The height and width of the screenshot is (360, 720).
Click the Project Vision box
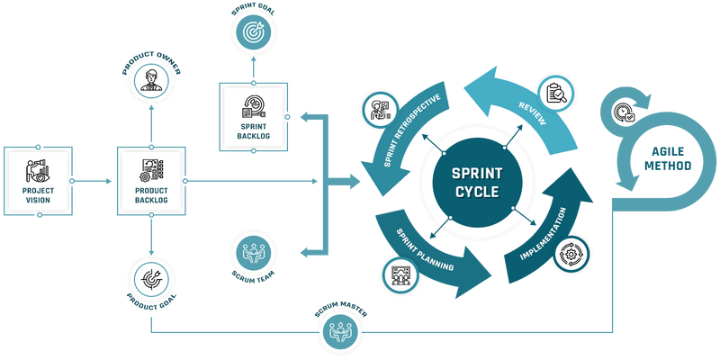(x=37, y=180)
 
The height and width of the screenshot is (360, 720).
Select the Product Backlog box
(x=150, y=180)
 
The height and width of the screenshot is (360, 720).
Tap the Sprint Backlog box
(x=254, y=116)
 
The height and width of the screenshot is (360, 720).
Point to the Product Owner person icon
(x=150, y=80)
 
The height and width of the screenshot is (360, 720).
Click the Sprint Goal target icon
(x=254, y=31)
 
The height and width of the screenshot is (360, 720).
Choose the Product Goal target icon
(x=150, y=279)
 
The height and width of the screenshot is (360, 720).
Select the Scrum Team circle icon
(x=254, y=253)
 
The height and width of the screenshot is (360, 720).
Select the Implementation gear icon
(x=569, y=255)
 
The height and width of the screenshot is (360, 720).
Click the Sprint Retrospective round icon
(x=378, y=112)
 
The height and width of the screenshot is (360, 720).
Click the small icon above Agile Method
(x=624, y=112)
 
